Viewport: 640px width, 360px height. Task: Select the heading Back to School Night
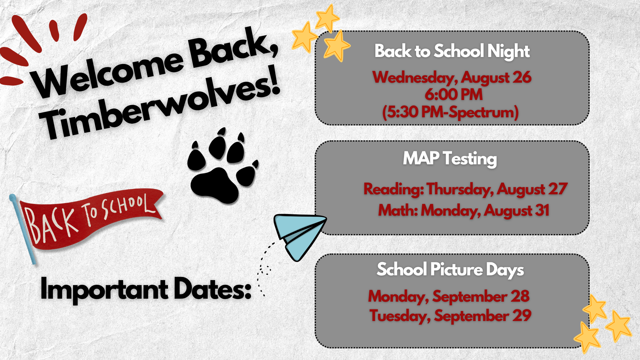click(452, 51)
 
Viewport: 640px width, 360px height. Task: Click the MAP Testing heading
click(450, 159)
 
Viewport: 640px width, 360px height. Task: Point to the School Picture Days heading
click(450, 270)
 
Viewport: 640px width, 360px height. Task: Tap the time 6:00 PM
click(453, 95)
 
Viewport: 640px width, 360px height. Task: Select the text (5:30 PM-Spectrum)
click(450, 112)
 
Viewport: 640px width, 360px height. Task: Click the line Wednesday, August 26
click(452, 78)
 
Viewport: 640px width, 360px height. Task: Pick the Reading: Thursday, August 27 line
click(465, 189)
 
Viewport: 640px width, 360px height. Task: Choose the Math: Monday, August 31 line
click(464, 211)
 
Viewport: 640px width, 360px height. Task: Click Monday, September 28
click(449, 296)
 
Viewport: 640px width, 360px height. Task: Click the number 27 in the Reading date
click(558, 189)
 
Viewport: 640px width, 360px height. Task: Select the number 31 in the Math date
click(542, 210)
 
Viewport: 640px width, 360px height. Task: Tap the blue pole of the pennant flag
click(23, 229)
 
